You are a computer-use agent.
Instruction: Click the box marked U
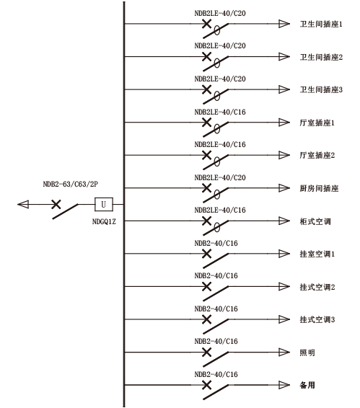pos(104,204)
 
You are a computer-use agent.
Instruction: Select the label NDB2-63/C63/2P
pos(70,185)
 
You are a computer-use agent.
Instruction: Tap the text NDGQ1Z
pos(104,222)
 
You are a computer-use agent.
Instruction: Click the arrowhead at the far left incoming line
pos(23,204)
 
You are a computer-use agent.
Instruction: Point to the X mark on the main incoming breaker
pos(56,204)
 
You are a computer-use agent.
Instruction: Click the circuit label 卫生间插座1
pos(321,25)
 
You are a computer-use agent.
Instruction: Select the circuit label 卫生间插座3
pos(321,90)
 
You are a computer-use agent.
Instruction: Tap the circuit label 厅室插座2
pos(317,155)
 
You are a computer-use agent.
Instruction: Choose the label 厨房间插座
pos(319,188)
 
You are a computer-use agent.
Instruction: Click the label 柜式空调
pos(315,221)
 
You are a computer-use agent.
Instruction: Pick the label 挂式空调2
pos(317,287)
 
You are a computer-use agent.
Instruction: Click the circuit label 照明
pos(307,352)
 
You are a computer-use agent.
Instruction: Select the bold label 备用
pos(307,385)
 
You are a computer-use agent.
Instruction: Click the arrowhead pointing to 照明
pos(284,352)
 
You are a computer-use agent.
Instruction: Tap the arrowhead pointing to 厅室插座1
pos(284,123)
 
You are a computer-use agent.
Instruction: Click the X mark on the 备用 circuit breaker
pos(207,385)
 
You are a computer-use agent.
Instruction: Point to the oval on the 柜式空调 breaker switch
pos(216,227)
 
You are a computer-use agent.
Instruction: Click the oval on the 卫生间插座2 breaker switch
pos(216,63)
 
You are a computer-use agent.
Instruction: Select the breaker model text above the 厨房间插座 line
pos(220,178)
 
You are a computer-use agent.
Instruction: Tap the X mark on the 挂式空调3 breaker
pos(207,319)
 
